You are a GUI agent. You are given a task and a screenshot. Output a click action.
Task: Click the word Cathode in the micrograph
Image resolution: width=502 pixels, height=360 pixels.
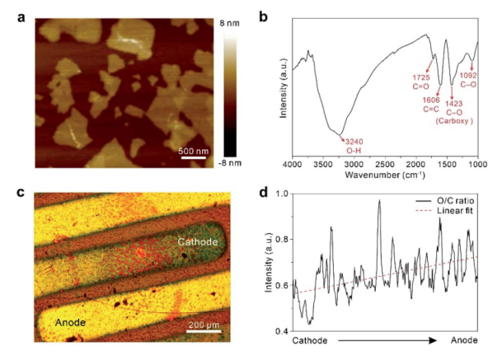199,241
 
